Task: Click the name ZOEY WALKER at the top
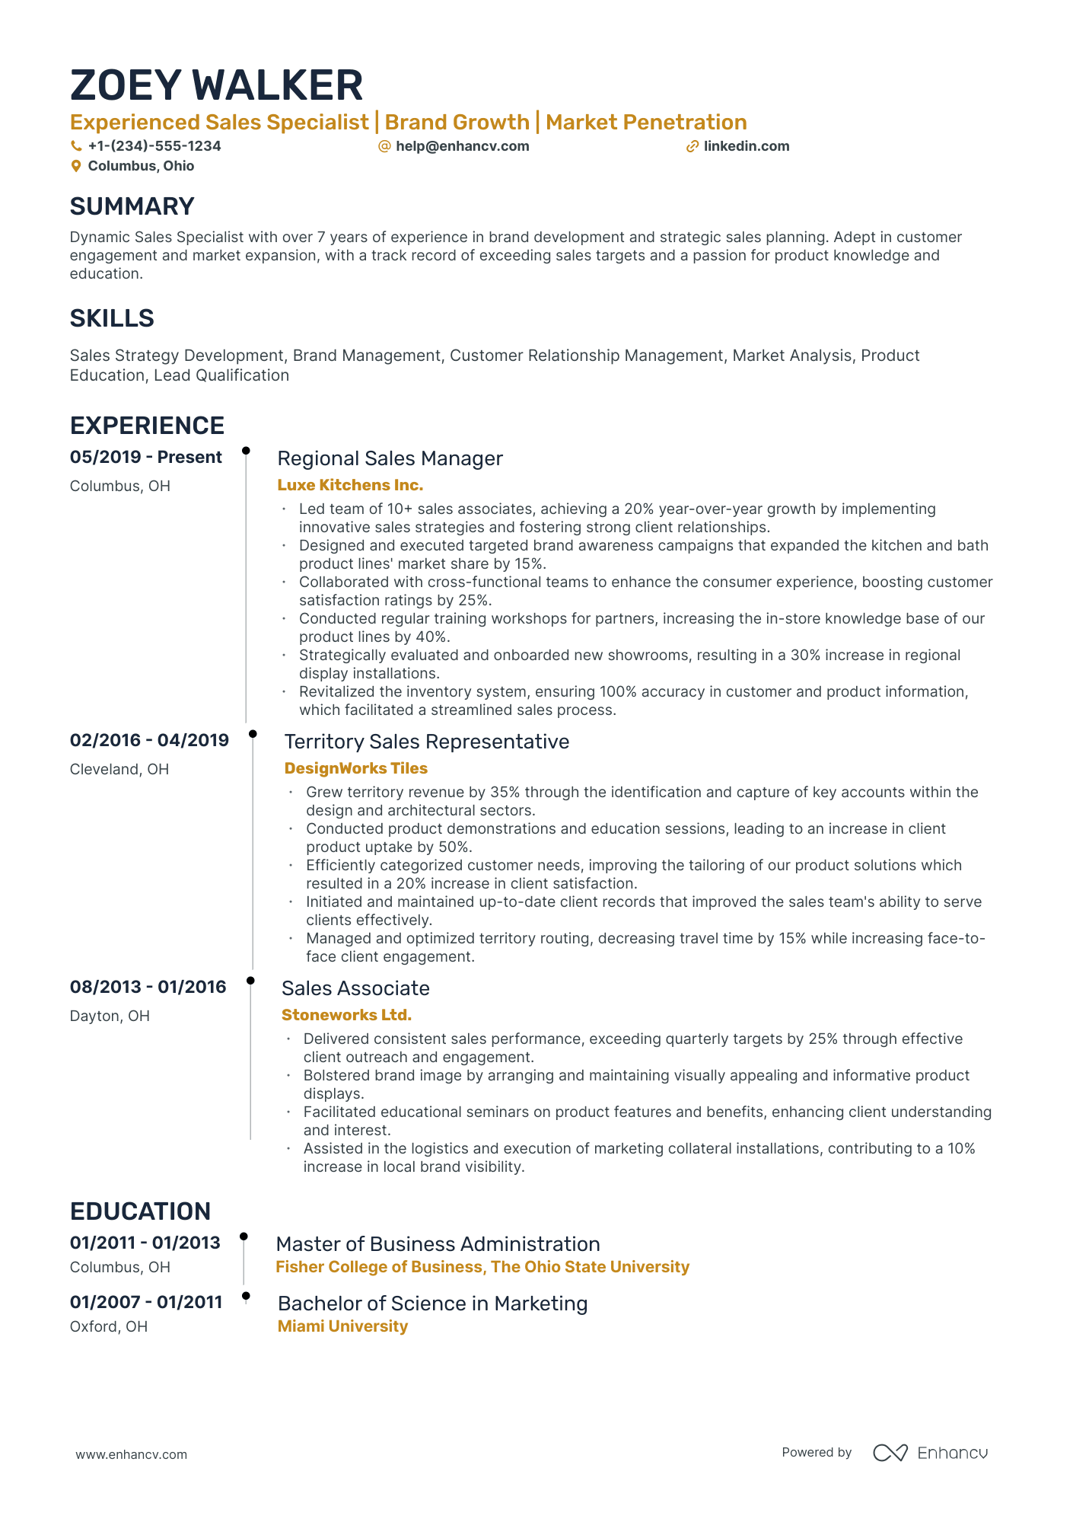216,85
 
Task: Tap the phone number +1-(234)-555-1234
154,146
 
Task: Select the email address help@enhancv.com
462,146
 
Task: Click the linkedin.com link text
746,146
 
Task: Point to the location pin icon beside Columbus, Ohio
76,166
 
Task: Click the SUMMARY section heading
132,206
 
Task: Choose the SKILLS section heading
112,318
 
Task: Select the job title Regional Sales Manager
390,458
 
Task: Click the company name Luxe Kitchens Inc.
350,485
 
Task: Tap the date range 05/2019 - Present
146,457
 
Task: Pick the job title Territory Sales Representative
426,742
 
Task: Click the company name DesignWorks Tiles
356,768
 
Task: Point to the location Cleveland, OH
119,769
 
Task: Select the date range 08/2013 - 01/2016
148,987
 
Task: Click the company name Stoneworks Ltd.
346,1015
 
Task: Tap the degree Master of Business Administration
438,1244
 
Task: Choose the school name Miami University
342,1326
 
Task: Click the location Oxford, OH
109,1326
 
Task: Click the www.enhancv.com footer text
131,1454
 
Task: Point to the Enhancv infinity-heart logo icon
890,1453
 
